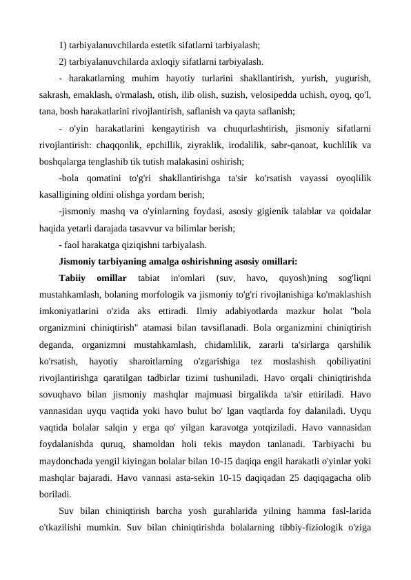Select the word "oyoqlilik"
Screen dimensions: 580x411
[349, 178]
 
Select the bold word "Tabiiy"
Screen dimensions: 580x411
[73, 278]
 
